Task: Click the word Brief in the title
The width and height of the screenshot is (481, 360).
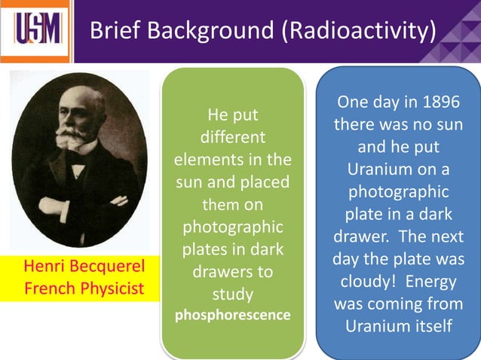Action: pos(112,32)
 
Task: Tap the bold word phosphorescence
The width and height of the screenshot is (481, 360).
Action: pos(232,315)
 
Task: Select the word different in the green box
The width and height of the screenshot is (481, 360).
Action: pos(232,139)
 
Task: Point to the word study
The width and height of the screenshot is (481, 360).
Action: pos(232,293)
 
